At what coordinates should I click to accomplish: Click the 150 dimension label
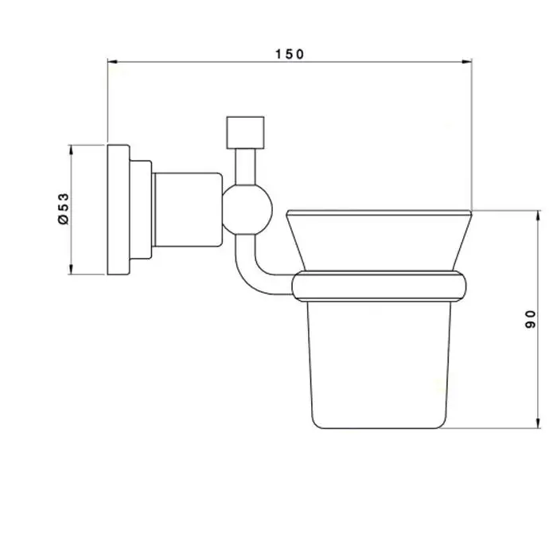tap(290, 54)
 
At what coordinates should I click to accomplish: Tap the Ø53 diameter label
tap(63, 208)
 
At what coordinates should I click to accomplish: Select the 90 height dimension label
tap(531, 319)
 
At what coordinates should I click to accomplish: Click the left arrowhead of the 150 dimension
tap(112, 62)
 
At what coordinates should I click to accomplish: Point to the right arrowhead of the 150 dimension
tap(467, 62)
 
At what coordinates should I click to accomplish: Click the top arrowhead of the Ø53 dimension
tap(71, 150)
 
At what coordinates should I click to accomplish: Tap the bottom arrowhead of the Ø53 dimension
tap(71, 269)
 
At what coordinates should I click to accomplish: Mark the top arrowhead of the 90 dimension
tap(539, 215)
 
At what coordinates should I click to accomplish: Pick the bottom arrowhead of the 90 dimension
tap(539, 423)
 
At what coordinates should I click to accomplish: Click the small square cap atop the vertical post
tap(245, 133)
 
